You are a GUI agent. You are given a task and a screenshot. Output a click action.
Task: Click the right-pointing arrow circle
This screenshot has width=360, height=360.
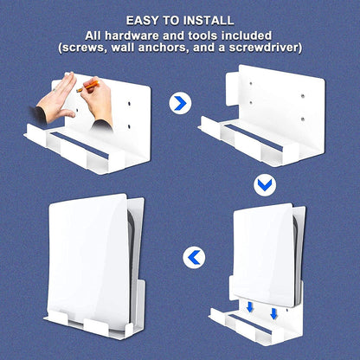click(179, 104)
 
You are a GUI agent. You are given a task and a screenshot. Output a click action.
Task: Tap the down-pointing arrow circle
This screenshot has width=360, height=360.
click(265, 184)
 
